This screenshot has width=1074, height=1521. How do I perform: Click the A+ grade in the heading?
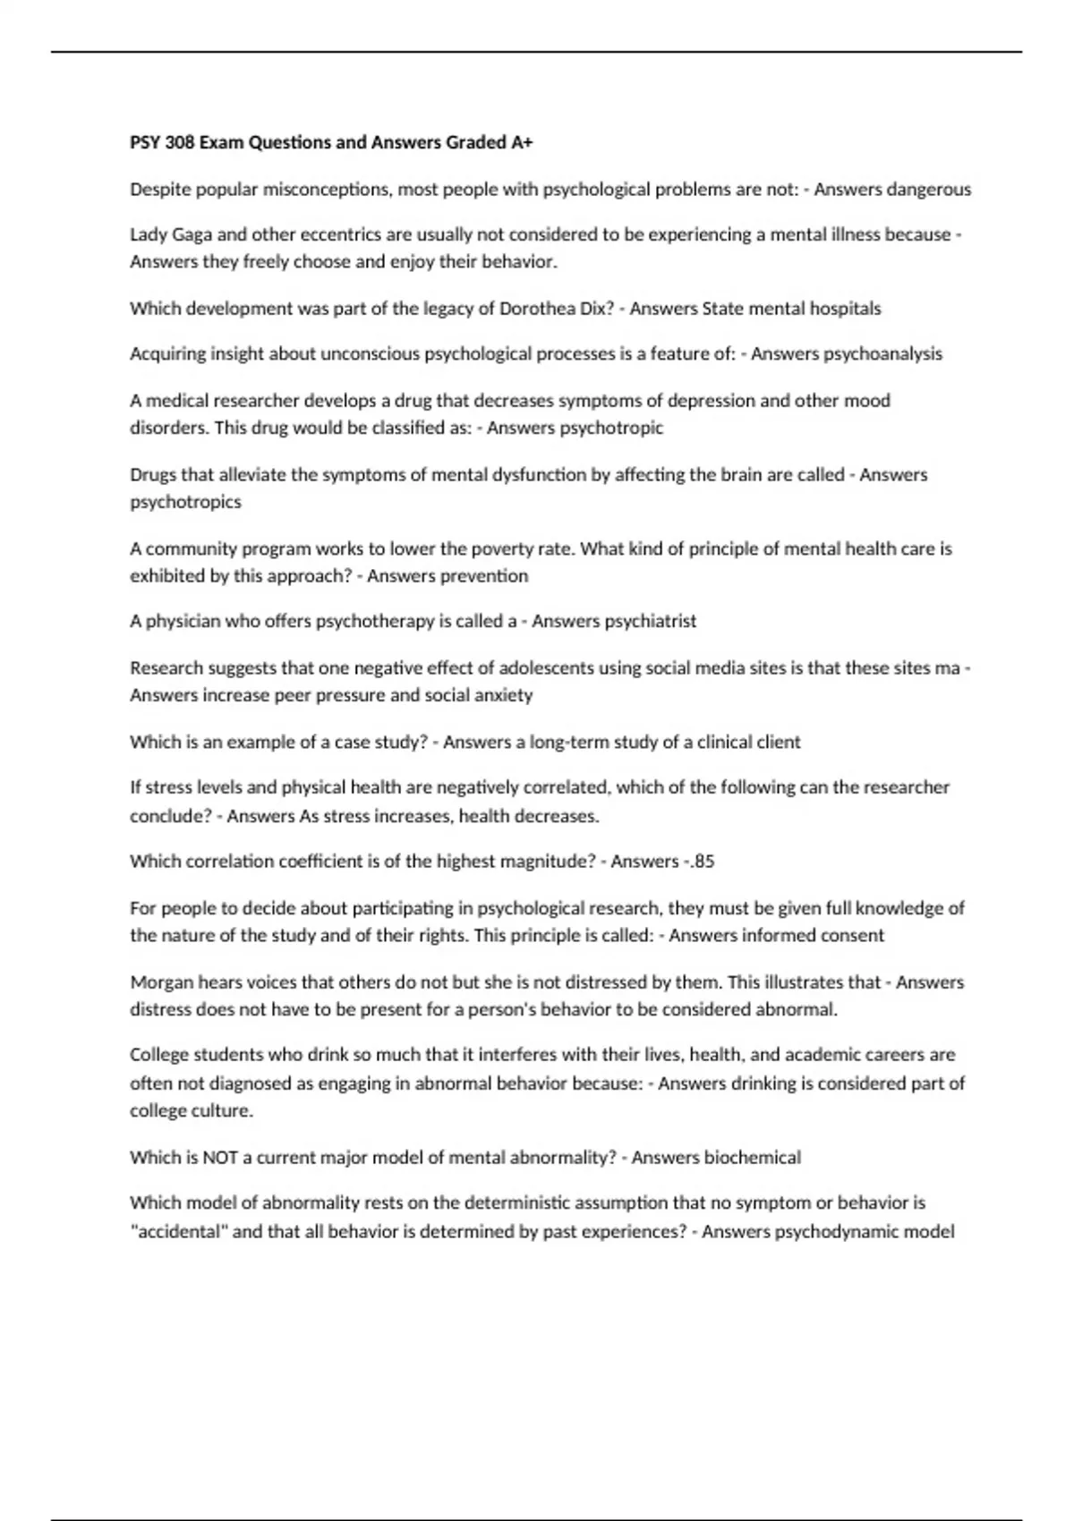pos(522,142)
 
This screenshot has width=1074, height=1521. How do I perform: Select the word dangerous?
pos(926,189)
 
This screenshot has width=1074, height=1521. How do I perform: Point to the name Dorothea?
pos(539,309)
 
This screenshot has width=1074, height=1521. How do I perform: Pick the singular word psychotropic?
pos(611,428)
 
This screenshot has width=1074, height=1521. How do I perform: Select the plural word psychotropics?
pos(185,502)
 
